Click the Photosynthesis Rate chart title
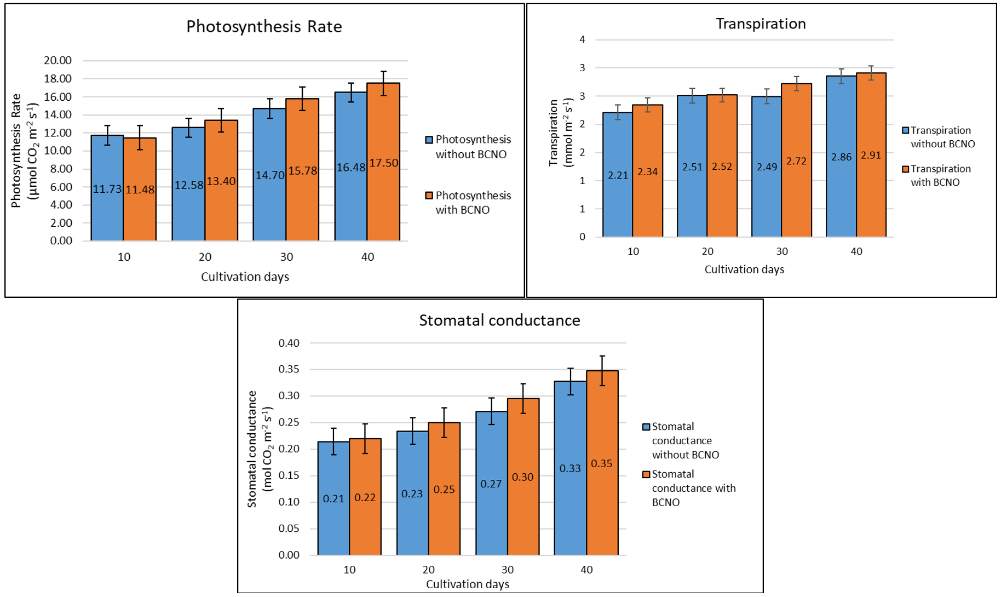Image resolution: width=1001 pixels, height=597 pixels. (264, 27)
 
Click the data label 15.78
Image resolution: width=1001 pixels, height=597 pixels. (303, 171)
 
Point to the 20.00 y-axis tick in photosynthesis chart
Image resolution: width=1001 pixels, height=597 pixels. (57, 60)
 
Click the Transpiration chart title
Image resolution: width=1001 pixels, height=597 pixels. (761, 24)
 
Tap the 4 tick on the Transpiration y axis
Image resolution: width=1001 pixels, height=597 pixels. (582, 39)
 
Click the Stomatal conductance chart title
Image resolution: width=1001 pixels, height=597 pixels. (499, 320)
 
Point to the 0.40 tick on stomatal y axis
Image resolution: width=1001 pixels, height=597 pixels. (289, 343)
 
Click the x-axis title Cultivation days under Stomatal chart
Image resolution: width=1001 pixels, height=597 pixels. (467, 584)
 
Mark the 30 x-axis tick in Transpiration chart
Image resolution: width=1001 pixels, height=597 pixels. (781, 251)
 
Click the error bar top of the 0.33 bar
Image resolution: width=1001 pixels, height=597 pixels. (570, 369)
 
